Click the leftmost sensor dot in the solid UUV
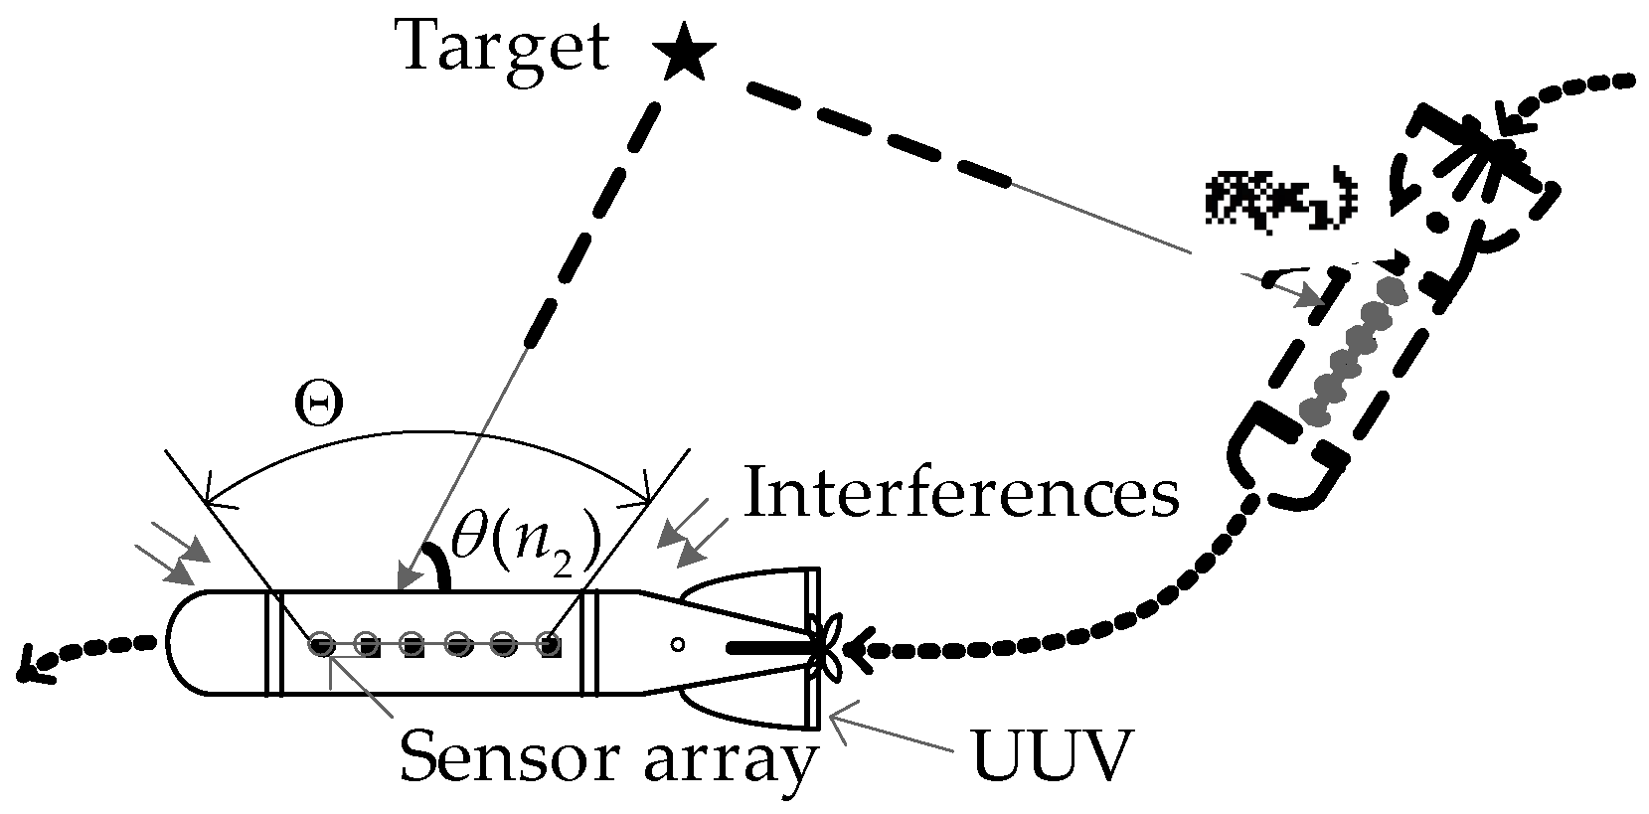point(320,644)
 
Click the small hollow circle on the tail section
point(677,644)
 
